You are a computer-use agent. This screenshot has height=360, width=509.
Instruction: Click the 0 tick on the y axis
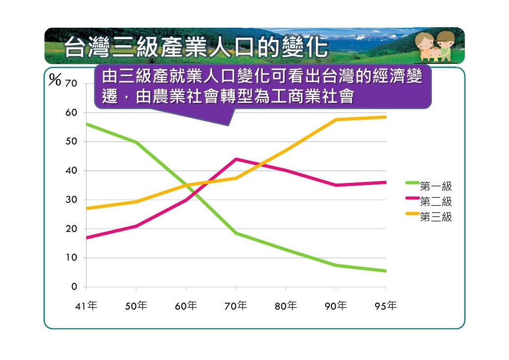(x=74, y=287)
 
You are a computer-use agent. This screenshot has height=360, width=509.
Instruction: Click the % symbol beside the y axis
(x=55, y=81)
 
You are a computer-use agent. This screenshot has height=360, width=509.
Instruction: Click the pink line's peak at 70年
(x=236, y=159)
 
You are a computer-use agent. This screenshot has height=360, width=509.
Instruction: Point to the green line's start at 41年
(x=86, y=124)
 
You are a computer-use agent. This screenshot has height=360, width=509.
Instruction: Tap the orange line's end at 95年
(x=385, y=117)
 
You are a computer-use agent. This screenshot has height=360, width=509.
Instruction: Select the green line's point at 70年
(x=236, y=233)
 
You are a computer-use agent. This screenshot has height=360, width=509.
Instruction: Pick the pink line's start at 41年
(x=86, y=237)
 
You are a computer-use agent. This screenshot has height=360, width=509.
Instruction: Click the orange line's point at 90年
(x=336, y=120)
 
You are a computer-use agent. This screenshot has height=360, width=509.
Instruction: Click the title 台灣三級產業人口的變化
(x=196, y=48)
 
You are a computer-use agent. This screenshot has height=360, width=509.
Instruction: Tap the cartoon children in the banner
(x=435, y=45)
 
